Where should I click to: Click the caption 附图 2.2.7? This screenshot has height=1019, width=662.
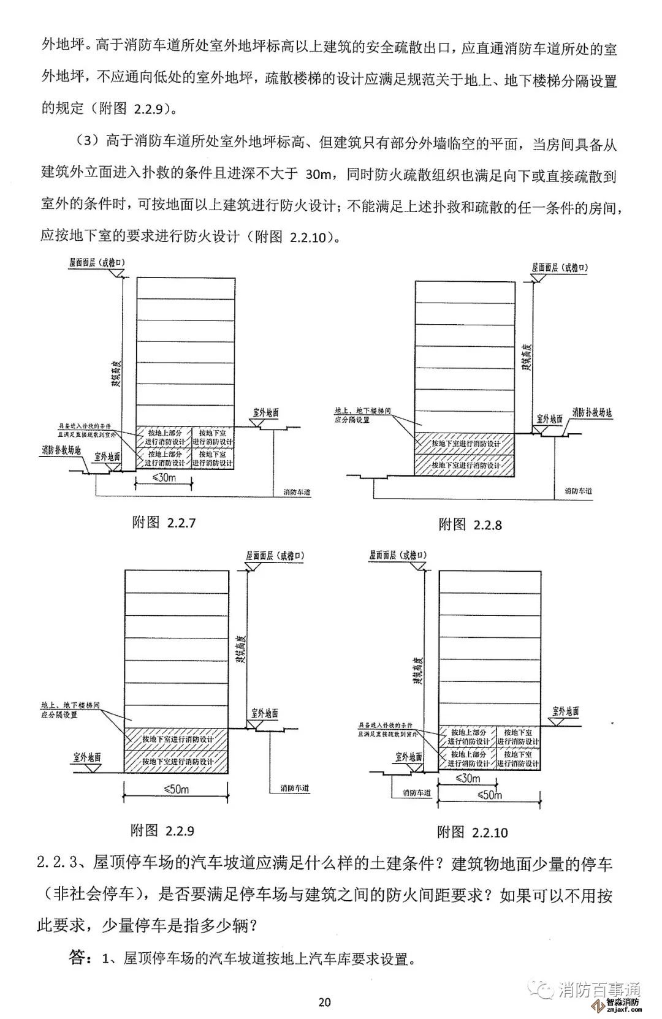164,523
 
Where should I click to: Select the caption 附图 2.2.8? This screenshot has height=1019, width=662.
470,525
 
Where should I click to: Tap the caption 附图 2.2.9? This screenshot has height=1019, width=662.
162,830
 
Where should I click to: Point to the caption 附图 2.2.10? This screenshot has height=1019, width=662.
472,832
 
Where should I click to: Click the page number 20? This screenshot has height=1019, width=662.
325,1002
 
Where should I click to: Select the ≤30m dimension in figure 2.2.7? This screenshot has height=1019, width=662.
163,478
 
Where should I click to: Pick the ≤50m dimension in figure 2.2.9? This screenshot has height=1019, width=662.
177,789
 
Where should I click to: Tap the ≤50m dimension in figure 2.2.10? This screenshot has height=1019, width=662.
489,795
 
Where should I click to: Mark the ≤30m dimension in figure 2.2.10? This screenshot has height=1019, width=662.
468,778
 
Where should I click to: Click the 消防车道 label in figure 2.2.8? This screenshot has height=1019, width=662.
578,491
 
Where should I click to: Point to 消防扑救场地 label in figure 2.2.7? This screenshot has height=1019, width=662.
61,450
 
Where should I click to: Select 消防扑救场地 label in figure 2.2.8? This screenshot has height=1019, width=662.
592,412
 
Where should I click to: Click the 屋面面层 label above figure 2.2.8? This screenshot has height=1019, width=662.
559,268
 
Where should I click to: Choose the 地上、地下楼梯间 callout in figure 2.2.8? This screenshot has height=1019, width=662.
362,415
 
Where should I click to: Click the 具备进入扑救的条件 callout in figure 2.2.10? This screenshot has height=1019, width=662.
388,729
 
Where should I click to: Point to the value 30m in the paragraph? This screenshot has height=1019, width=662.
318,175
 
